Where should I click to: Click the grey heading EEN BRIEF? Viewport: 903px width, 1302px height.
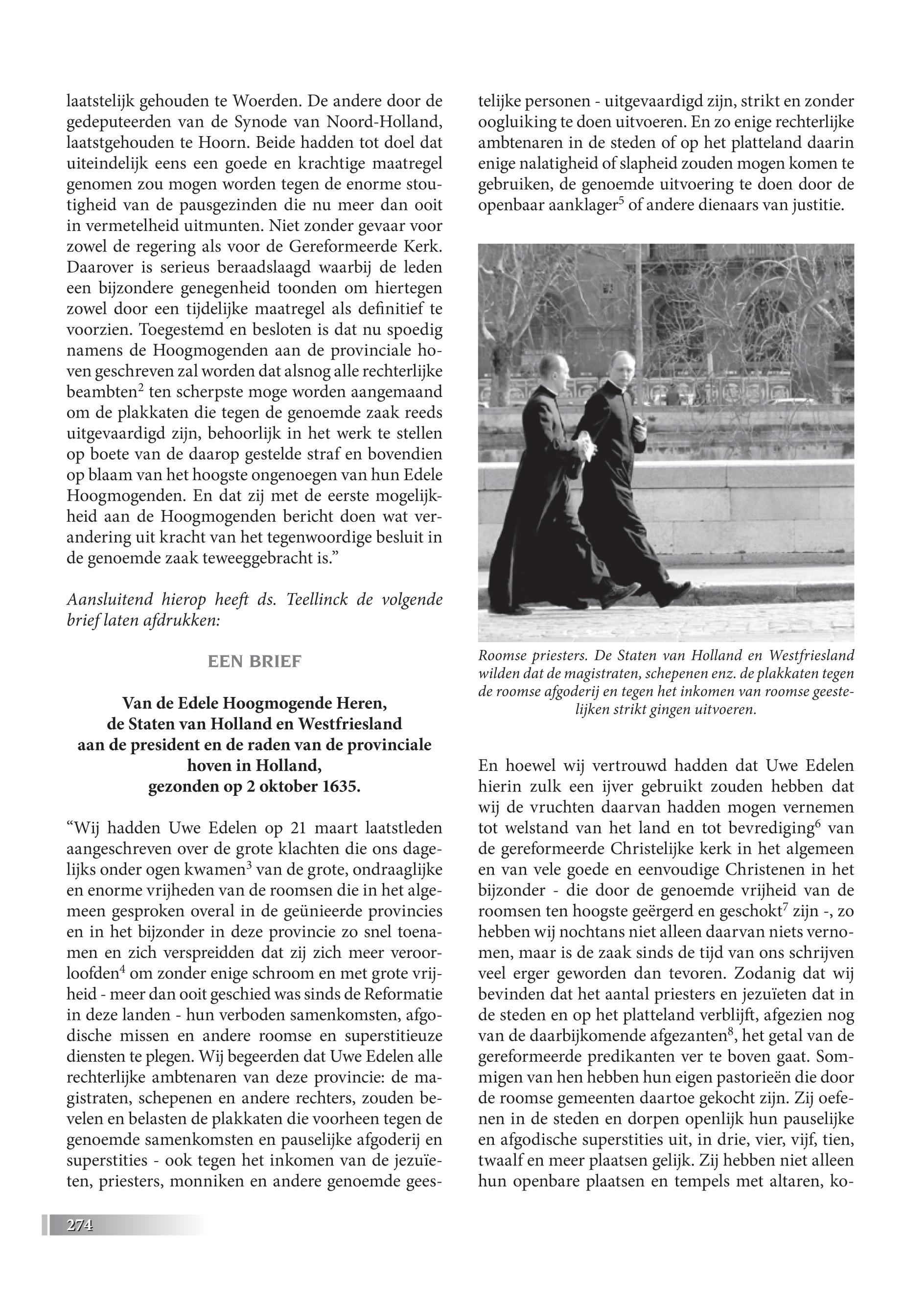pos(255,661)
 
